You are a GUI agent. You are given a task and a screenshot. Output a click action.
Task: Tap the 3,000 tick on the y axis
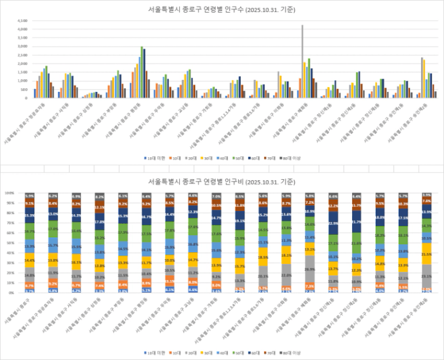(x=23, y=46)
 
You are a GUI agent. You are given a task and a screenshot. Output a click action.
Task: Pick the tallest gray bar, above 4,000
(x=302, y=61)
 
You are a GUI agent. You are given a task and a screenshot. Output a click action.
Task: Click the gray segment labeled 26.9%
(x=310, y=269)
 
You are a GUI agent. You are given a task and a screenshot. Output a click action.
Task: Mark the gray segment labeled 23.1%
(x=427, y=276)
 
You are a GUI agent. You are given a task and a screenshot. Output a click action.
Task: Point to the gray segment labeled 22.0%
(x=286, y=275)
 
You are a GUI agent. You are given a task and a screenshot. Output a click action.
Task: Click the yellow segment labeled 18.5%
(x=263, y=257)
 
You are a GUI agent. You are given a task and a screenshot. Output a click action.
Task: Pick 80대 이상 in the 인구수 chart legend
(x=290, y=158)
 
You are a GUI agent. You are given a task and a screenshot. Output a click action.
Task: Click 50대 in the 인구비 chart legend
(x=235, y=352)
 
